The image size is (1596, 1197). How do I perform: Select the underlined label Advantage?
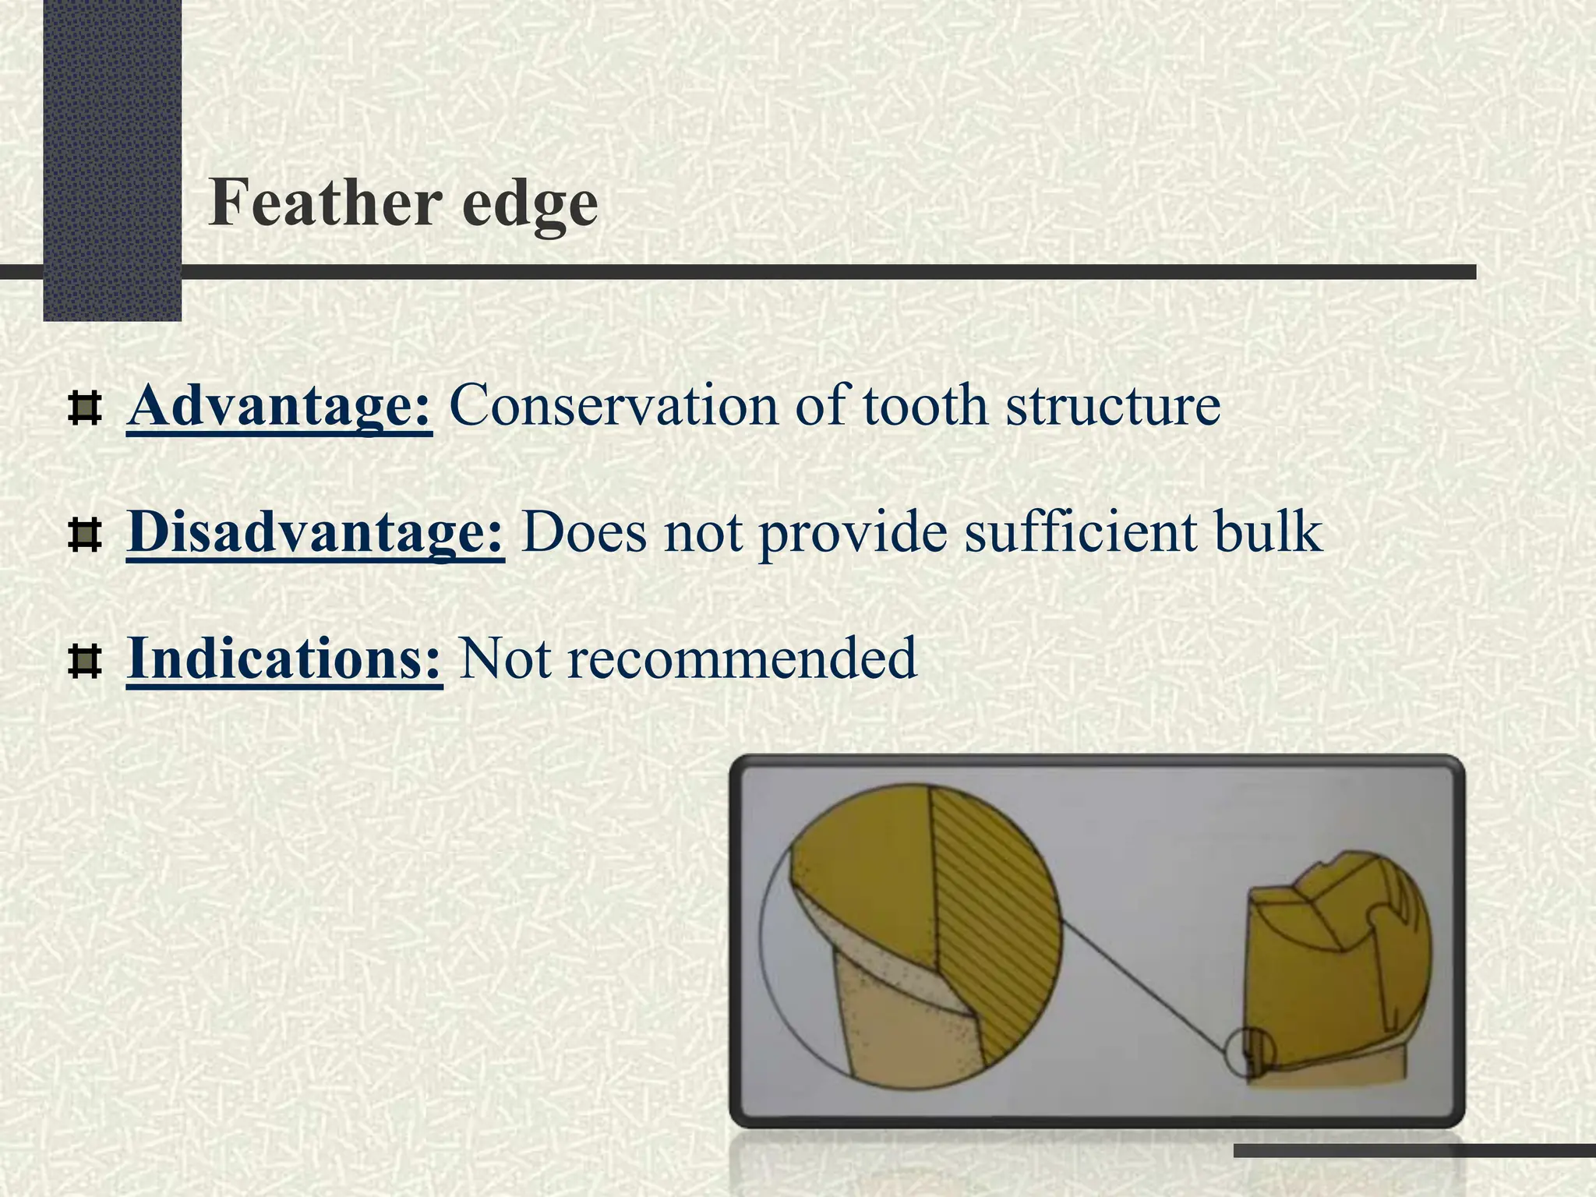279,406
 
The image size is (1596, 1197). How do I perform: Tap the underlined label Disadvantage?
316,532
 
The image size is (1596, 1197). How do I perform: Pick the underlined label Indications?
284,659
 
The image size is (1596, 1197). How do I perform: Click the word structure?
1113,408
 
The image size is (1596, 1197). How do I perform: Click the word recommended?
742,659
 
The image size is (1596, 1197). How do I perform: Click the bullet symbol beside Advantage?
85,408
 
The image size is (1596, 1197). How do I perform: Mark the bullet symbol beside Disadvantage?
85,535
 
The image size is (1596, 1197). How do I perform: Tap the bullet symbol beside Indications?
85,662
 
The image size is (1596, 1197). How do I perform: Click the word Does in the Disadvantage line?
584,532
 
